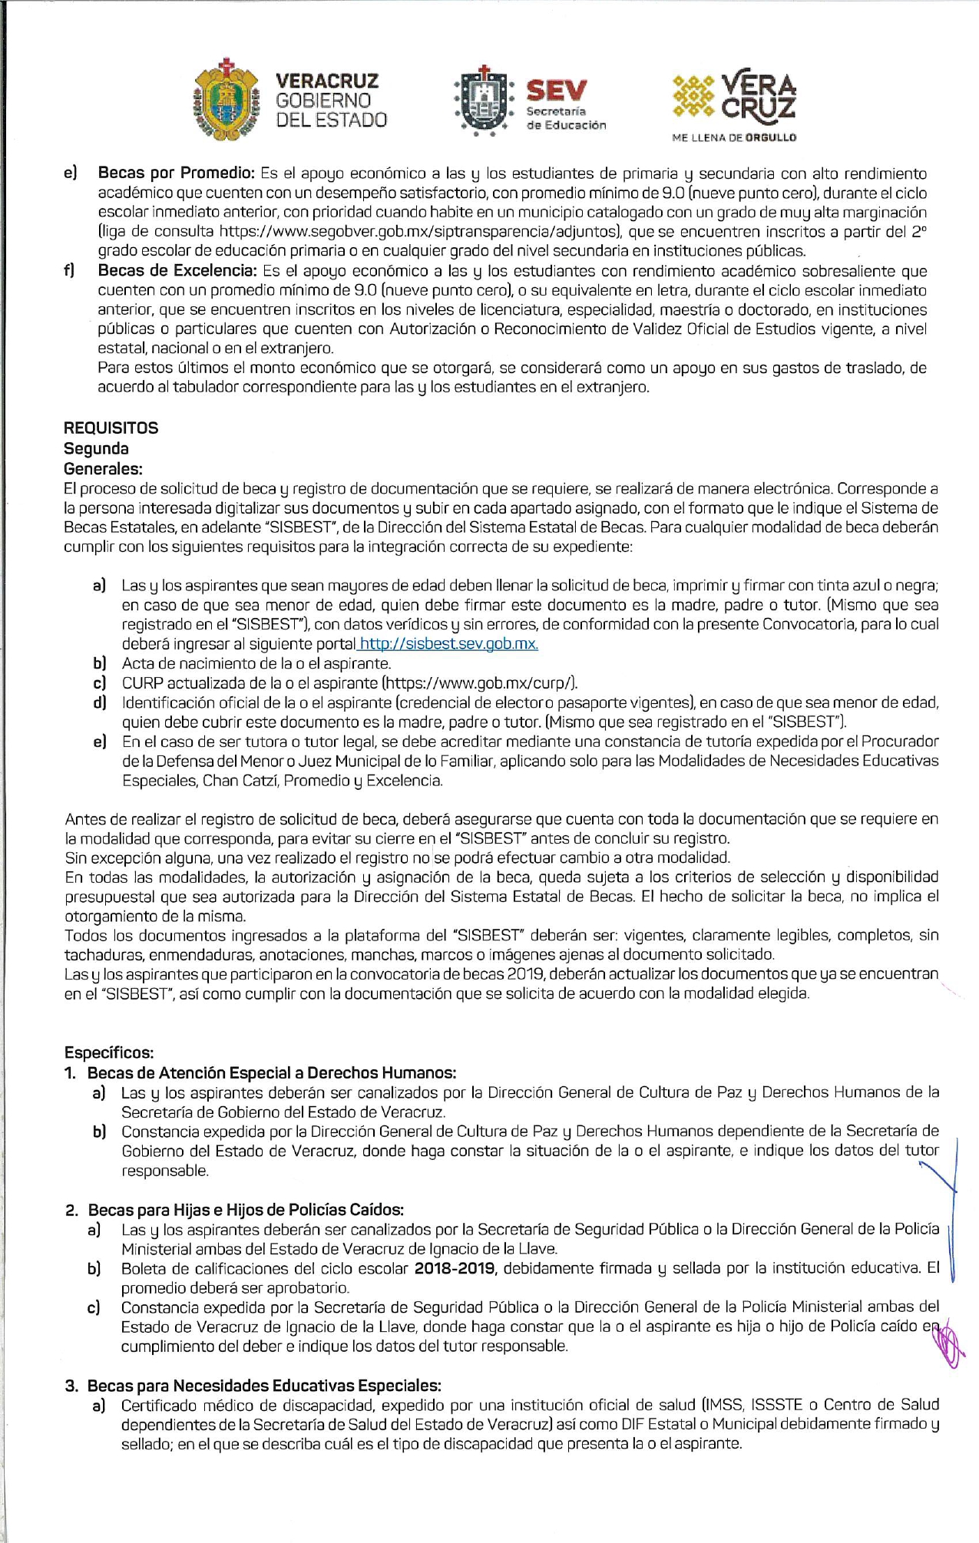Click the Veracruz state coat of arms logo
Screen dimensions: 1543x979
pos(223,100)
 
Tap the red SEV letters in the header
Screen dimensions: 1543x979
pos(557,91)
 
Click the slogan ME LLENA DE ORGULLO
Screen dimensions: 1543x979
pos(734,138)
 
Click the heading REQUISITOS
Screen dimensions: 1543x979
pos(111,428)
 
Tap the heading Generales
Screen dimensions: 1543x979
pos(103,468)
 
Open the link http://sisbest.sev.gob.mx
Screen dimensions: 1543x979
pos(448,644)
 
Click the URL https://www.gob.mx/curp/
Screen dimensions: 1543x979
pos(478,683)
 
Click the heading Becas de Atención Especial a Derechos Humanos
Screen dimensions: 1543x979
pos(272,1072)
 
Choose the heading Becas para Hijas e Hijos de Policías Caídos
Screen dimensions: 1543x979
pos(246,1210)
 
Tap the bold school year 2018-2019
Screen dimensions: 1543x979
pos(455,1268)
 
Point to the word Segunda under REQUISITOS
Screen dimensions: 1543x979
pos(96,448)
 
